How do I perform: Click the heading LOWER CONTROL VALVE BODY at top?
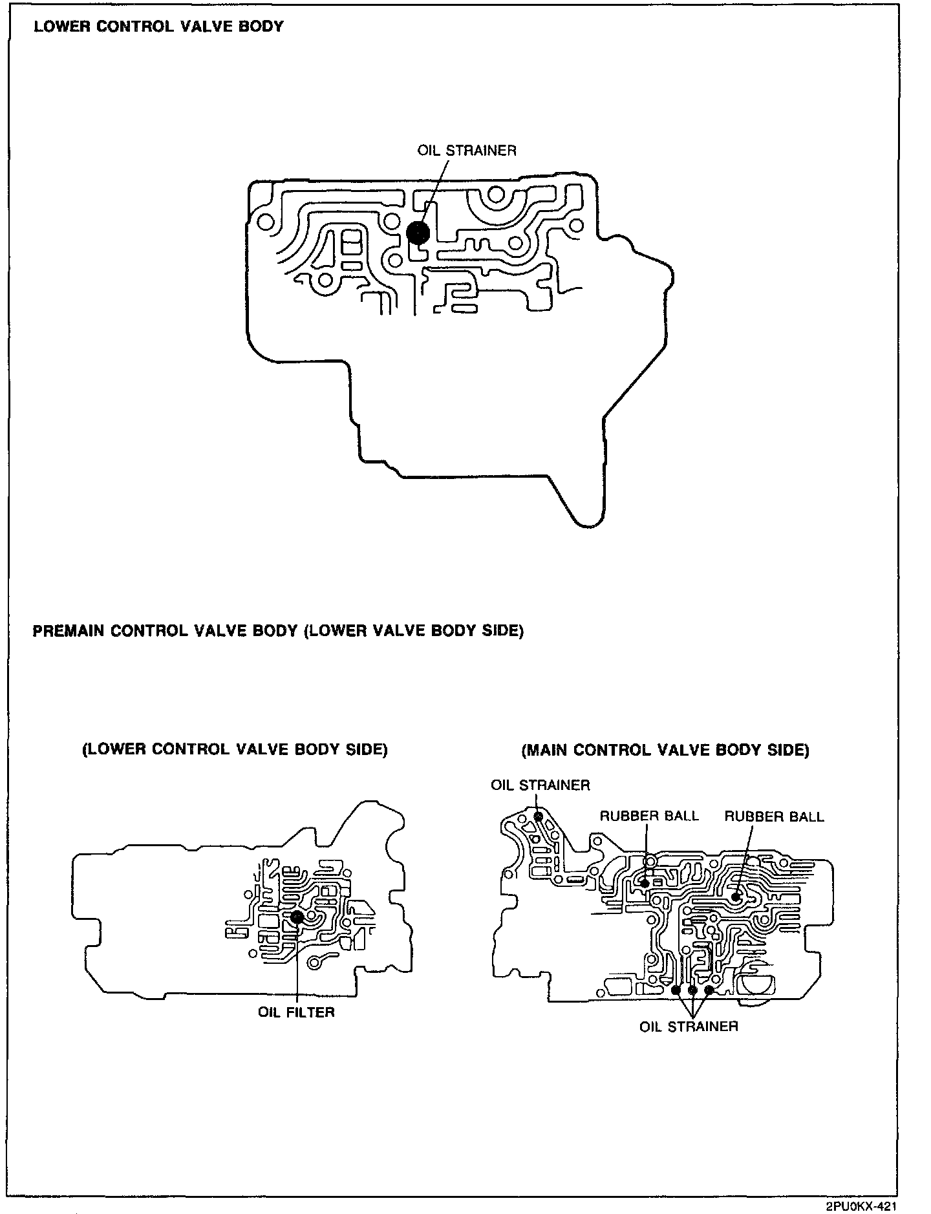click(x=158, y=27)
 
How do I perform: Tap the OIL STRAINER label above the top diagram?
click(x=467, y=151)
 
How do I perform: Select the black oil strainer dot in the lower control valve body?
click(x=418, y=233)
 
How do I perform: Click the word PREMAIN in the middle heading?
click(x=69, y=631)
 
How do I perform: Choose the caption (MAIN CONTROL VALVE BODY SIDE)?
click(x=665, y=750)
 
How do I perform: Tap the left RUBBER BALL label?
click(x=649, y=816)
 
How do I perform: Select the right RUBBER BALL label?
click(x=774, y=816)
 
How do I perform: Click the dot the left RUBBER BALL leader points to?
click(x=644, y=883)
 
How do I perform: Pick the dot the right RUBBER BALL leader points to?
click(x=736, y=897)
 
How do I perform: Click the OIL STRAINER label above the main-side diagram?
click(x=540, y=785)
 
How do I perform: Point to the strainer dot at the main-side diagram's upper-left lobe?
click(x=539, y=817)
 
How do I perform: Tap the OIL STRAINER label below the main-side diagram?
click(x=689, y=1027)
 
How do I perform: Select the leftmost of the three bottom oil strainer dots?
click(x=676, y=990)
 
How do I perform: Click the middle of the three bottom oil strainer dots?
click(x=692, y=990)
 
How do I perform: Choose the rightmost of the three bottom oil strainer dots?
click(x=709, y=990)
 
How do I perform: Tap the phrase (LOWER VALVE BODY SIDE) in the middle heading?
click(x=413, y=631)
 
